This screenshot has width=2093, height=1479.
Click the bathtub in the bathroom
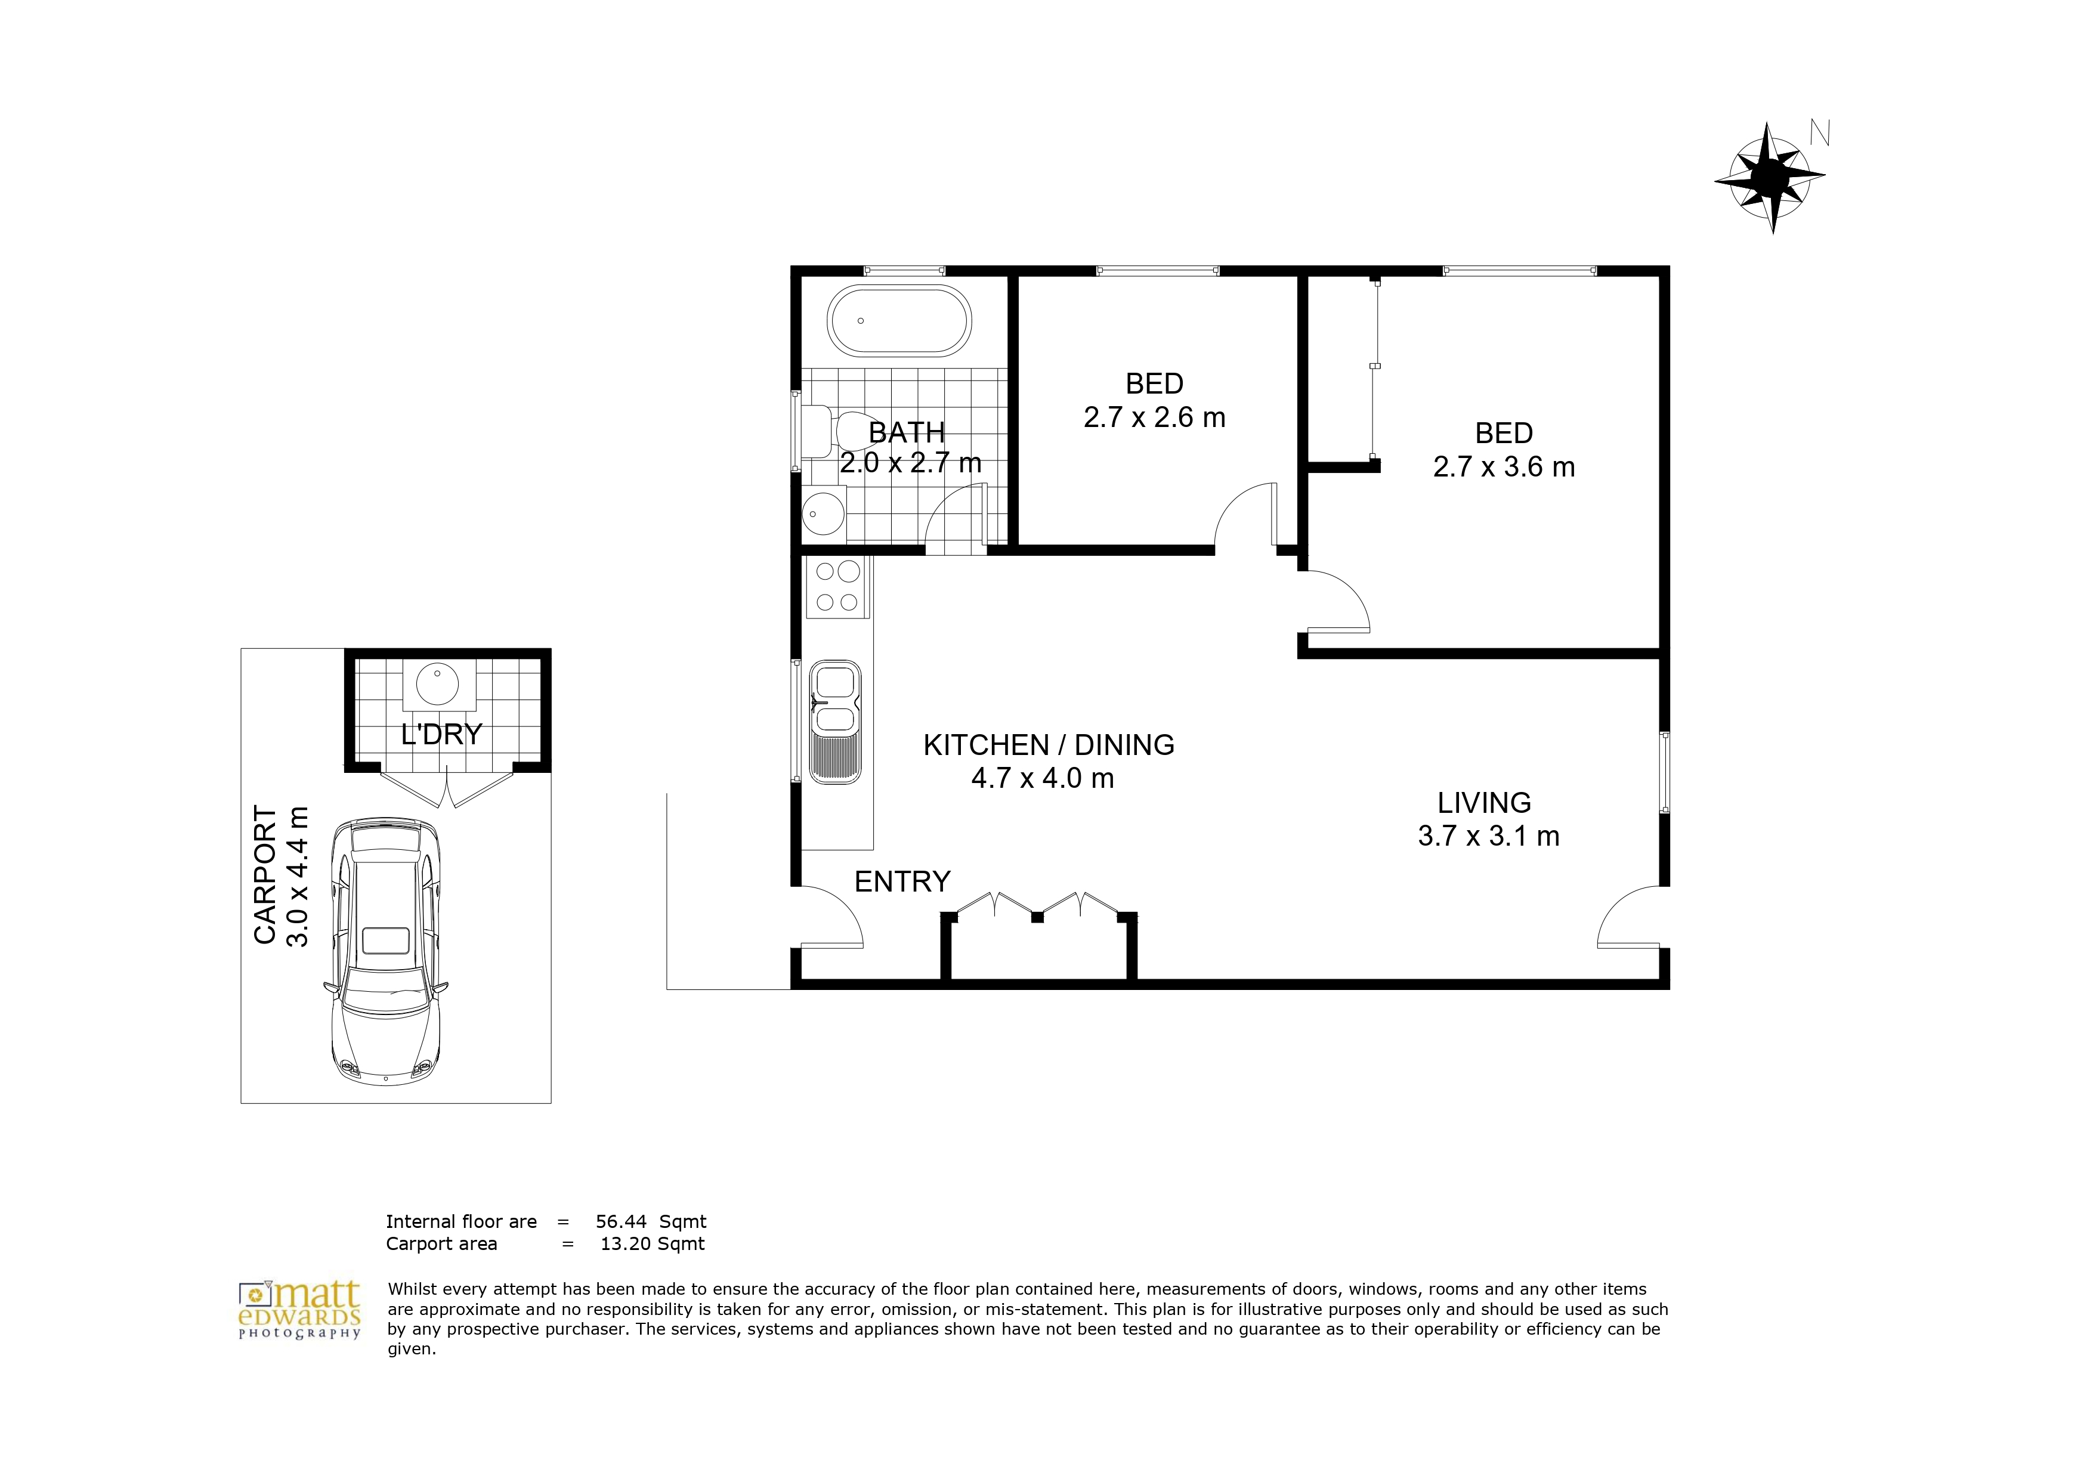pos(899,321)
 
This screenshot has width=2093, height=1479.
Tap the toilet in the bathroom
pos(833,431)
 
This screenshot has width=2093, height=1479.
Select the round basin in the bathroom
pos(824,514)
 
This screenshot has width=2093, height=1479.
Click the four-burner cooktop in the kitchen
pos(838,586)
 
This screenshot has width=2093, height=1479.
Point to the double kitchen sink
pos(835,721)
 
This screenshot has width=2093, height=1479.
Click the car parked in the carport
pos(385,951)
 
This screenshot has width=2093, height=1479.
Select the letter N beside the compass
pos(1820,133)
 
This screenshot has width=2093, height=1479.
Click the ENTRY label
pos(902,881)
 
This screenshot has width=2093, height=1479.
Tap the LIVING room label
pos(1484,803)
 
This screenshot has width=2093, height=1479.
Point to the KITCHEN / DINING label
pos(1049,745)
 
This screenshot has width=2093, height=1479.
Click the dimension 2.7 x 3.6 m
pos(1504,468)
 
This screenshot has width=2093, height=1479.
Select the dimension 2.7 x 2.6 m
pos(1154,417)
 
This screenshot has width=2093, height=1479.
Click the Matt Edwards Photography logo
pos(300,1310)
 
